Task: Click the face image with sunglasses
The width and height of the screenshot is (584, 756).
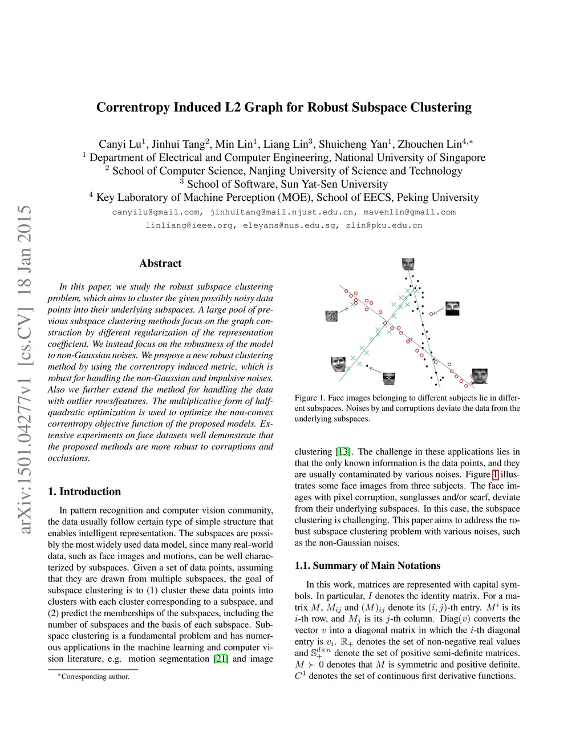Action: (390, 378)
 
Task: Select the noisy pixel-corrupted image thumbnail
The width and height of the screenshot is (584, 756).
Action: (332, 316)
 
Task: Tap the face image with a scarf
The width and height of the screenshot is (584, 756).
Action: (452, 308)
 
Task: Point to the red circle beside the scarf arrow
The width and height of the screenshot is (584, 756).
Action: (431, 314)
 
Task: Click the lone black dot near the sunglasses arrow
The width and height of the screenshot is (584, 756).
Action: (367, 365)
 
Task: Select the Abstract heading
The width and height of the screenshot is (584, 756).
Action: (160, 263)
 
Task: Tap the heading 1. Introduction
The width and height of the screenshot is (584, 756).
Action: (84, 491)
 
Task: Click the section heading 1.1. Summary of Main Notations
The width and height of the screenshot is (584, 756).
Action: (367, 565)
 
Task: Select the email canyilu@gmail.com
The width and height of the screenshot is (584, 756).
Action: (156, 212)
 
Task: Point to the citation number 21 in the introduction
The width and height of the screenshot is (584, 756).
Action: (221, 658)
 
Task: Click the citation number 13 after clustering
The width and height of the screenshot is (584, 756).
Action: (343, 451)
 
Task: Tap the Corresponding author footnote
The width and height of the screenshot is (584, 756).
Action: (95, 677)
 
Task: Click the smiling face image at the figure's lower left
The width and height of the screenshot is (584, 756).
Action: (338, 363)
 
